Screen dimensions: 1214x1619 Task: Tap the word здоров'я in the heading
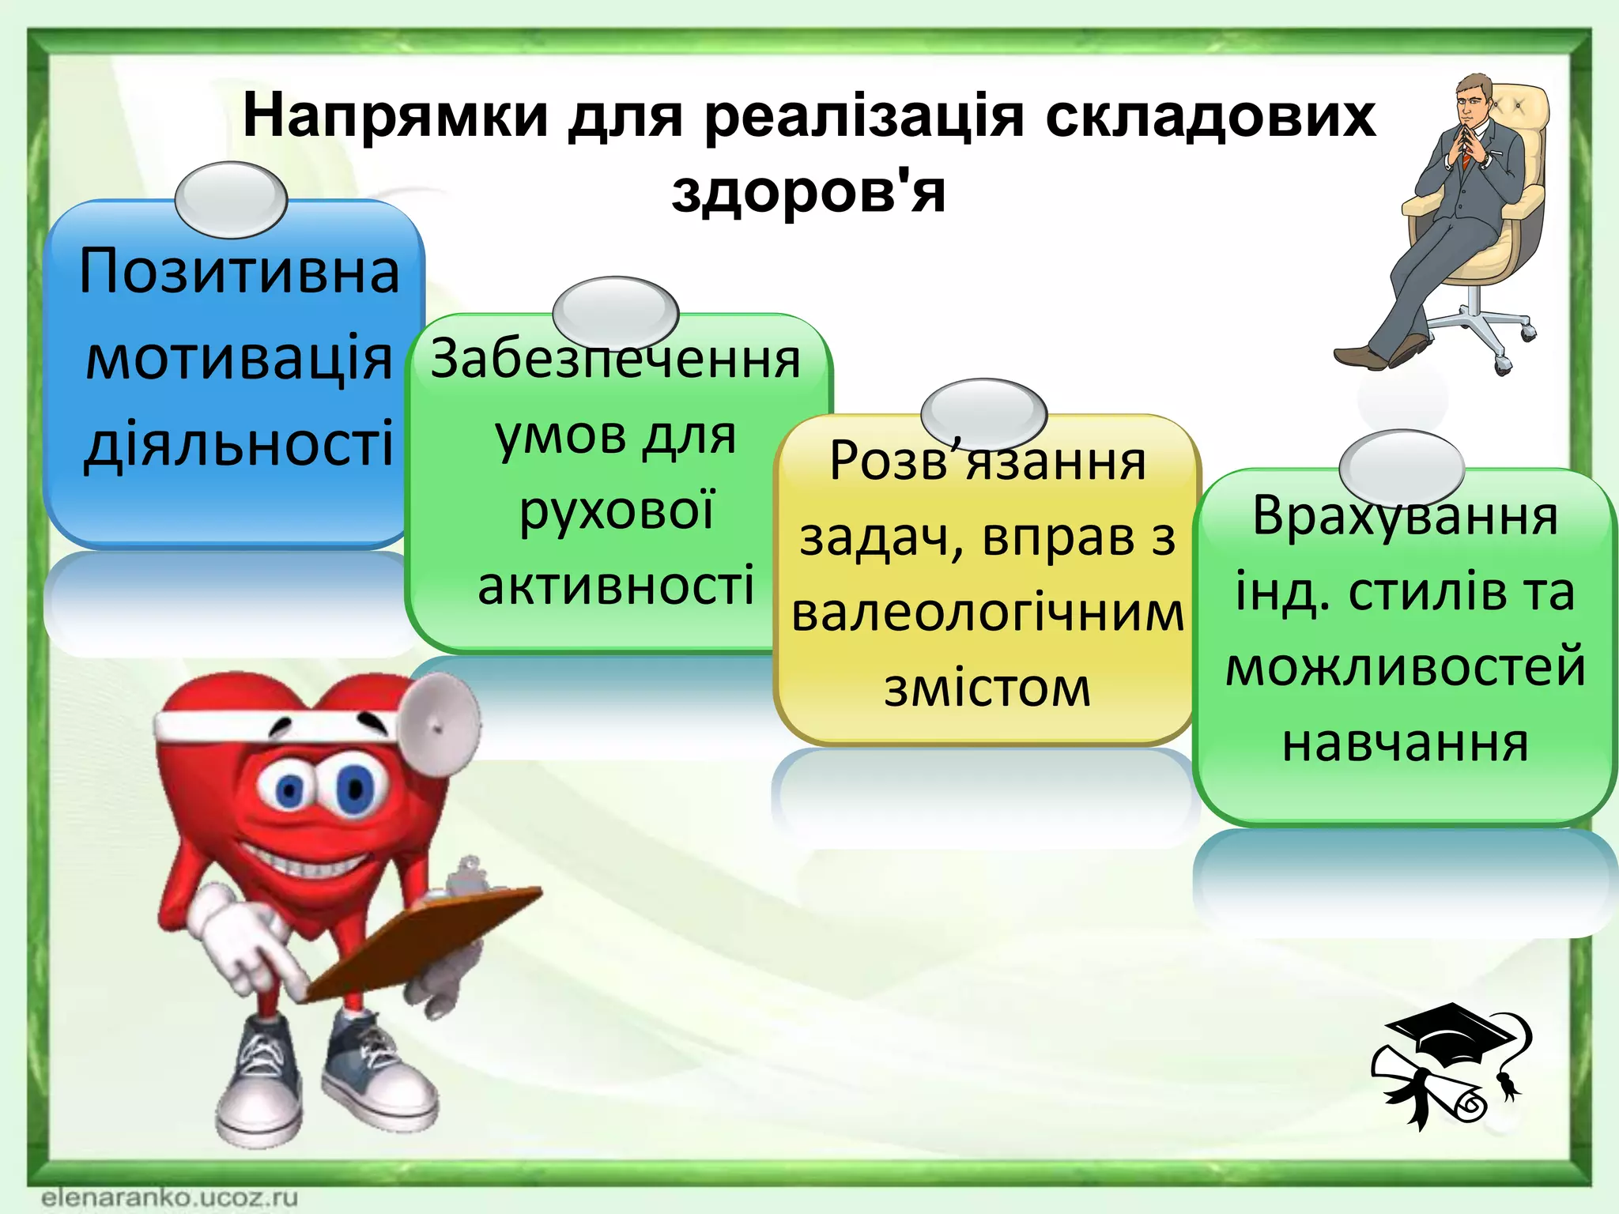pyautogui.click(x=808, y=192)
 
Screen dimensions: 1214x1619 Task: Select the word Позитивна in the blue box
pyautogui.click(x=239, y=271)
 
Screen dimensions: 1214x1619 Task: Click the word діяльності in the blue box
pyautogui.click(x=239, y=444)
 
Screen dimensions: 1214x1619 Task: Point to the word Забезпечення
pyautogui.click(x=615, y=360)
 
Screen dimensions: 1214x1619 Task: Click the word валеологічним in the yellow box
pyautogui.click(x=987, y=613)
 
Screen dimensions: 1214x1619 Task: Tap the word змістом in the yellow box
pyautogui.click(x=987, y=688)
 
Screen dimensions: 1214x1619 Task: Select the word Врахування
pyautogui.click(x=1405, y=516)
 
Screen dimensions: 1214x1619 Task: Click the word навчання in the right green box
pyautogui.click(x=1405, y=744)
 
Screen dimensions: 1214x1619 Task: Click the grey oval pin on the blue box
pyautogui.click(x=230, y=199)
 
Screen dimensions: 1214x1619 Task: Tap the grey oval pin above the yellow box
pyautogui.click(x=983, y=413)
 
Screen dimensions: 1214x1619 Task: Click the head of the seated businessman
pyautogui.click(x=1474, y=99)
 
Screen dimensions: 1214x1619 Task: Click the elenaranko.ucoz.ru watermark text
pyautogui.click(x=170, y=1196)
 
